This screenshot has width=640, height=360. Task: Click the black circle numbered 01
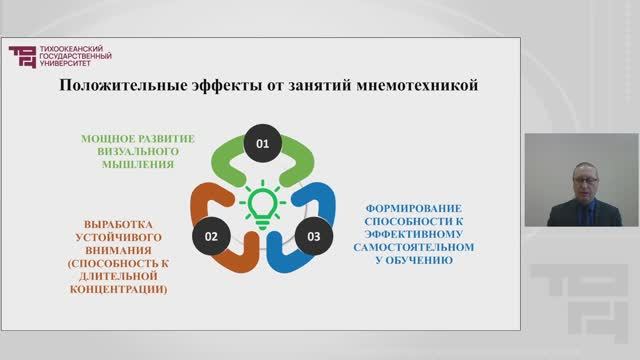(x=263, y=145)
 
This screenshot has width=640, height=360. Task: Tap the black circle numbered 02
(x=212, y=236)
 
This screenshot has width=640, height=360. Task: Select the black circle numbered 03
(x=313, y=236)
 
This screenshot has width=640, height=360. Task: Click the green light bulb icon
(x=263, y=200)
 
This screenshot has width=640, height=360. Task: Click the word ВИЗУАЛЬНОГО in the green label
(x=138, y=150)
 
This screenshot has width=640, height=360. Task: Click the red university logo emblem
(x=21, y=57)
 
